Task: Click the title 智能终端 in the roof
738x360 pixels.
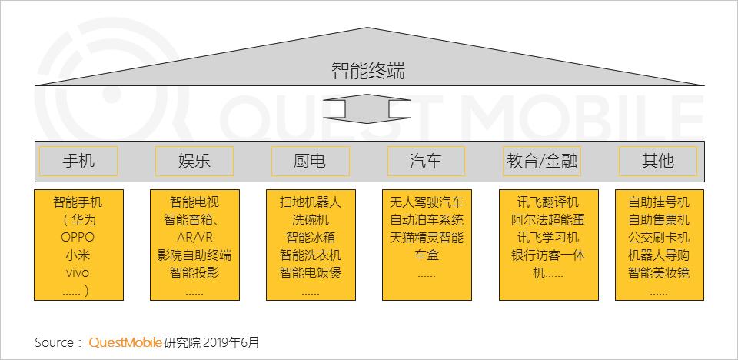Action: coord(368,72)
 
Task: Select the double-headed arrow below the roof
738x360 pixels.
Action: coord(367,109)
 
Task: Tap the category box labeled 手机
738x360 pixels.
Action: coord(78,161)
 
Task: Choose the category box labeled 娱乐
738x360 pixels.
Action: coord(194,161)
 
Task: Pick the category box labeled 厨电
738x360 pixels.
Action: coord(310,161)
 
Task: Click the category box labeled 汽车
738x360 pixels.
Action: coord(426,161)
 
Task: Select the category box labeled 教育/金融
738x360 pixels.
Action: coord(541,161)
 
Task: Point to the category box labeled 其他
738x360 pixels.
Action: coord(657,161)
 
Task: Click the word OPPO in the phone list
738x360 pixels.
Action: coord(78,237)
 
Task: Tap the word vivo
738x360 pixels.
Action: coord(78,273)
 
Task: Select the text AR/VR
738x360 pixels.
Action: coord(194,237)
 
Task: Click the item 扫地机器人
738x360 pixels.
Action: coord(311,202)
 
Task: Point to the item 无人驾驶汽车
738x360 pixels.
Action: coord(427,202)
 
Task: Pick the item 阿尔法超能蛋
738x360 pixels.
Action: coord(548,220)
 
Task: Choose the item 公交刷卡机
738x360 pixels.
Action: coord(659,238)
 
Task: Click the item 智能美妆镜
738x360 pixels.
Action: coord(659,273)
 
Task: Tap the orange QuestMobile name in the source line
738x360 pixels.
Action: coord(125,342)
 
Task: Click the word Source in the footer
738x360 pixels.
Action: coord(54,342)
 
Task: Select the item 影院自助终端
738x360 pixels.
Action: coord(194,255)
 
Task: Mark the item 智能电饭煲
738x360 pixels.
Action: coord(311,273)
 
